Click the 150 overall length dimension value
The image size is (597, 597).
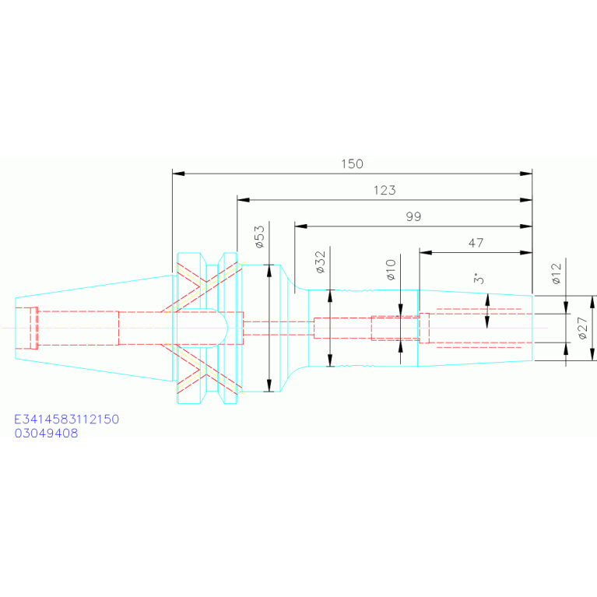[x=352, y=164]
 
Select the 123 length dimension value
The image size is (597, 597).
[x=385, y=191]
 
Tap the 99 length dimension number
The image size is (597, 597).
[x=413, y=216]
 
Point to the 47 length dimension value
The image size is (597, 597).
[x=476, y=243]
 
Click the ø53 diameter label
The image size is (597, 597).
[x=259, y=237]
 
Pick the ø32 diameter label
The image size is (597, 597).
[x=321, y=262]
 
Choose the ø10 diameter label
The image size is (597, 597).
[x=391, y=270]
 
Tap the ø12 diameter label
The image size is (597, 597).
[x=557, y=274]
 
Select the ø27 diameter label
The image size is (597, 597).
[x=582, y=328]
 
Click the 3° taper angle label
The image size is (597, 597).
[x=479, y=279]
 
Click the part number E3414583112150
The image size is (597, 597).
[x=67, y=420]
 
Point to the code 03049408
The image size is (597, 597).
[x=46, y=434]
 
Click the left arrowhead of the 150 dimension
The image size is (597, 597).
[x=178, y=174]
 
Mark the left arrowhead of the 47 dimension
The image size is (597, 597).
[x=425, y=252]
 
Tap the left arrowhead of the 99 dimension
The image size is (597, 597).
[x=300, y=227]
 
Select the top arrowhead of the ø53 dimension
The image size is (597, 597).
[x=269, y=271]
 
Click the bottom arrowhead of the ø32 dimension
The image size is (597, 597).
[x=330, y=360]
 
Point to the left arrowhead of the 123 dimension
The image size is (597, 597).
[x=244, y=200]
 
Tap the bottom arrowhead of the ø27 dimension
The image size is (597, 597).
[x=592, y=354]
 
